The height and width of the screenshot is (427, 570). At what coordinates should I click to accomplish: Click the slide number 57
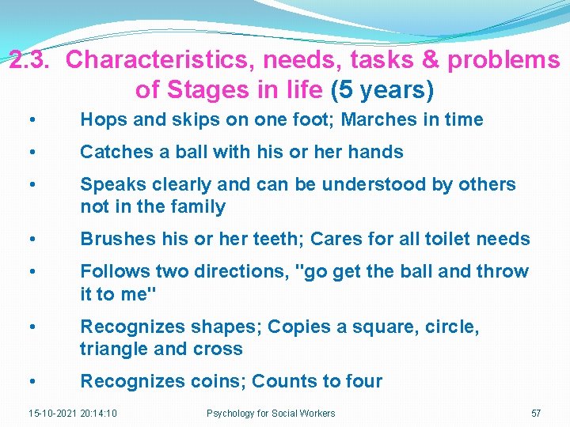tap(536, 413)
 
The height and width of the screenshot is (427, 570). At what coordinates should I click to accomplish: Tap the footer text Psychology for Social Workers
tap(271, 413)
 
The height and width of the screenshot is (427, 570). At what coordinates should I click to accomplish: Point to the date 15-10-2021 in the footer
tap(53, 413)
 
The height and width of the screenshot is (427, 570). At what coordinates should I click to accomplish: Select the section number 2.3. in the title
tap(32, 60)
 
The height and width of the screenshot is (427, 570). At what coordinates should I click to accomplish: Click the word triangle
tap(112, 350)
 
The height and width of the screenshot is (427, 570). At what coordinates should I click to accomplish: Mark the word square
tap(378, 327)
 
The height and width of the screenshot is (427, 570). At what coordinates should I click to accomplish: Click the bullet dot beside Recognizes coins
tap(29, 381)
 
